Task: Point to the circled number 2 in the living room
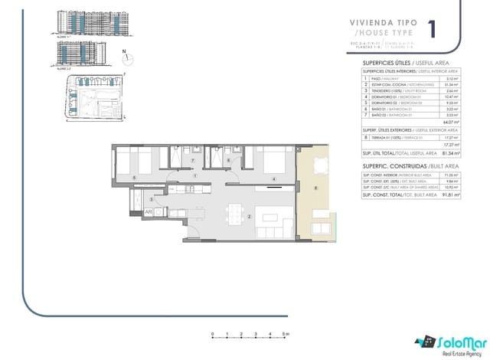point(250,215)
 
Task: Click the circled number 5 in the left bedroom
point(135,178)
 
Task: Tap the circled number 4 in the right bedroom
point(273,179)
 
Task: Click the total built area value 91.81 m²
point(451,195)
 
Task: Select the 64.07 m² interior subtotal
point(452,121)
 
